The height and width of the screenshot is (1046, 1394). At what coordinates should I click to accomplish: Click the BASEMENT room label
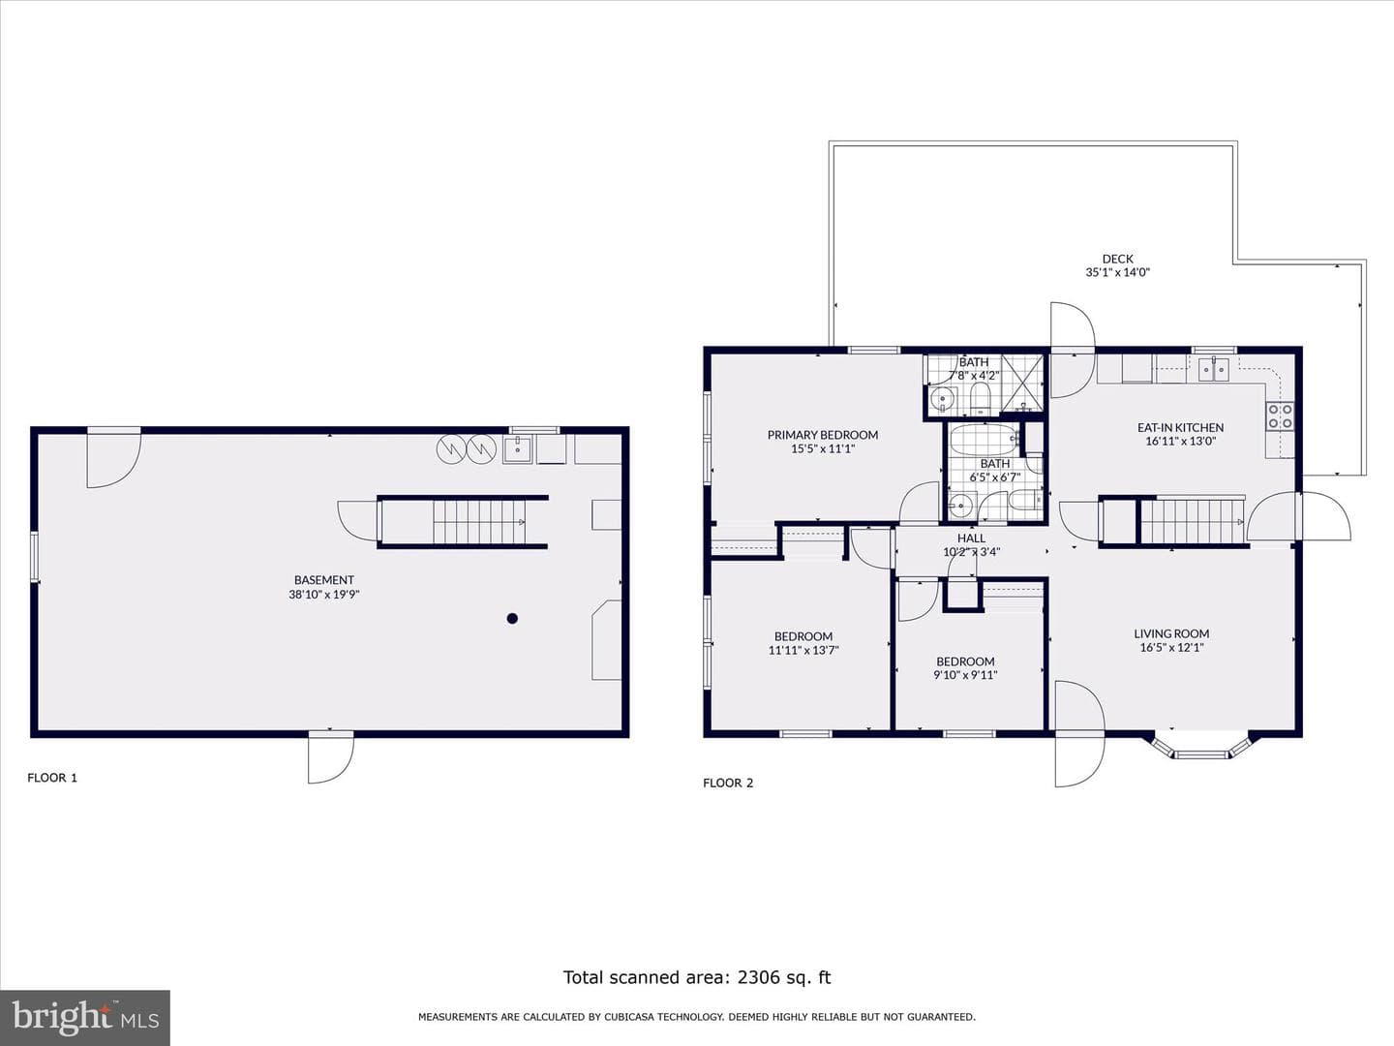[324, 580]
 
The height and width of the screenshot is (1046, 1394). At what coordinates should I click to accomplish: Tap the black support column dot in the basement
[512, 619]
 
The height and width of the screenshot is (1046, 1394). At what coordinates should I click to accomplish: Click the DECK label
[1118, 259]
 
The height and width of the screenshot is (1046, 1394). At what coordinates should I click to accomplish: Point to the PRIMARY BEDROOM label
[823, 435]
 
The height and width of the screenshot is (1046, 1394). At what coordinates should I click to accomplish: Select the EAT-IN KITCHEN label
[1180, 427]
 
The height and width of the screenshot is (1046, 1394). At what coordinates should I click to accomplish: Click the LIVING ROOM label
[1171, 633]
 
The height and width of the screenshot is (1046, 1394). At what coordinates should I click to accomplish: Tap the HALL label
[972, 538]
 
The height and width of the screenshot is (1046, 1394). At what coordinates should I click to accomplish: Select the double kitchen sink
[1214, 369]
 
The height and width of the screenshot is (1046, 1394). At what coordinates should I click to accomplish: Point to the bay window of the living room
[1197, 748]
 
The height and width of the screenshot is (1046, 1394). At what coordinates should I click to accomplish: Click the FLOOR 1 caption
[52, 778]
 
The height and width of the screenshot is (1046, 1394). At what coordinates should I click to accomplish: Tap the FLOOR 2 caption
[728, 784]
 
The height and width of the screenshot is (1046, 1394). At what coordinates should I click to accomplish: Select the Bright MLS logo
[85, 1018]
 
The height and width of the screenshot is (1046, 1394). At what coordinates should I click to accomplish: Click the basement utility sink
[518, 449]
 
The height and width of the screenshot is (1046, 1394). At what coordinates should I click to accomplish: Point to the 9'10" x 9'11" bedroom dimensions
[965, 675]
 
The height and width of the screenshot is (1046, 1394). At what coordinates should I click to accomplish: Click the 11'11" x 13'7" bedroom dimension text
[803, 650]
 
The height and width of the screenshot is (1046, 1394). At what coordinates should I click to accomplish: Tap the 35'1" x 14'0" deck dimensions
[1118, 272]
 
